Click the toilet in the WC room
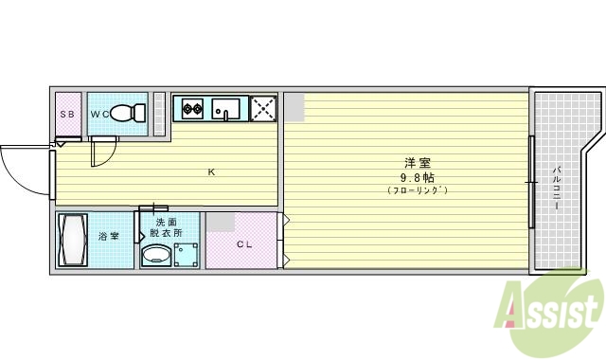[127, 115]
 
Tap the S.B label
[67, 115]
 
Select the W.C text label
[98, 115]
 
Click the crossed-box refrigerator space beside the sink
[262, 109]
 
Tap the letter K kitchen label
[212, 172]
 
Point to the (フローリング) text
[417, 191]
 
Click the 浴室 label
[109, 236]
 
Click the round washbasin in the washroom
[156, 255]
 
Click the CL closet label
[244, 245]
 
